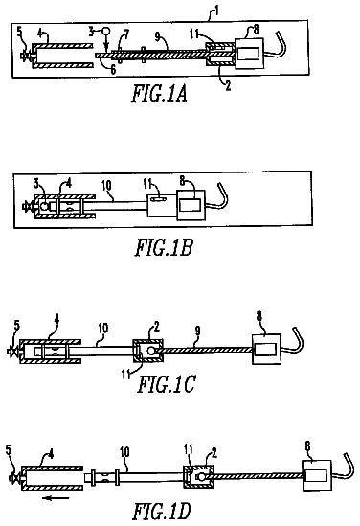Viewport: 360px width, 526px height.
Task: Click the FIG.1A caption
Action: tap(159, 93)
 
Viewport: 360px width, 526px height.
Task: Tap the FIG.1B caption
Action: tap(164, 247)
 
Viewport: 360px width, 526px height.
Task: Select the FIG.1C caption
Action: tap(166, 384)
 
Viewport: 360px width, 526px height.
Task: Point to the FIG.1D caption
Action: tap(162, 512)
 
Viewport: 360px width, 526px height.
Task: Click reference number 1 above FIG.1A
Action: tap(217, 11)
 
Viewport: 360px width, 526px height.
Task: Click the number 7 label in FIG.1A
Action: tap(125, 34)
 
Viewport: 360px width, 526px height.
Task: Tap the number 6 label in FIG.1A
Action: tap(113, 69)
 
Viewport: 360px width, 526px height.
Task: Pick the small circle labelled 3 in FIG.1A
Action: tap(106, 31)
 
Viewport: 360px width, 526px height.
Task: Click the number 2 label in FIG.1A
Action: tap(228, 85)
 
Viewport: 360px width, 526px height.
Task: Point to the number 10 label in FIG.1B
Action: tap(106, 186)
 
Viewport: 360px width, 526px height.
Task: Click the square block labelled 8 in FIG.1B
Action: tap(191, 205)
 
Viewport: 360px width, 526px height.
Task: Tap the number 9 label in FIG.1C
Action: tap(198, 331)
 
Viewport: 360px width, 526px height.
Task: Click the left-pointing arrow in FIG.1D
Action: tap(56, 498)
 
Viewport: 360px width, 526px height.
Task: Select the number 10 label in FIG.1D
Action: tap(124, 452)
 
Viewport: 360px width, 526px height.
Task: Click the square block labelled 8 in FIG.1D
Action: tap(317, 475)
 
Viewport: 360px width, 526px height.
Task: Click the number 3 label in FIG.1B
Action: tap(36, 184)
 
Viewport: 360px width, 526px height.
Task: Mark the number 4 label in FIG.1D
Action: tap(51, 454)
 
